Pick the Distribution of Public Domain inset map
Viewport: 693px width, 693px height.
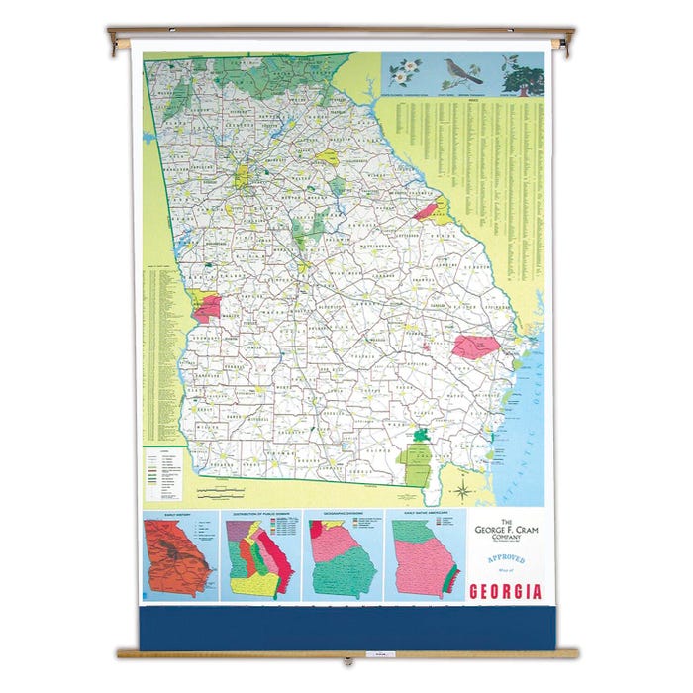click(x=263, y=558)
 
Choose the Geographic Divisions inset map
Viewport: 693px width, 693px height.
click(x=342, y=558)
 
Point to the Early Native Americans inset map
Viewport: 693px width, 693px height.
click(x=423, y=558)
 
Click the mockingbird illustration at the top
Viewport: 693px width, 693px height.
click(x=464, y=72)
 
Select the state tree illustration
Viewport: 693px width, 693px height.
click(x=523, y=73)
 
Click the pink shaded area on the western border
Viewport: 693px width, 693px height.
click(x=207, y=308)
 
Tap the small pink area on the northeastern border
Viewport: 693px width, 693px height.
click(x=426, y=210)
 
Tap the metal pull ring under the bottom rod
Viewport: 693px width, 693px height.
click(x=347, y=661)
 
